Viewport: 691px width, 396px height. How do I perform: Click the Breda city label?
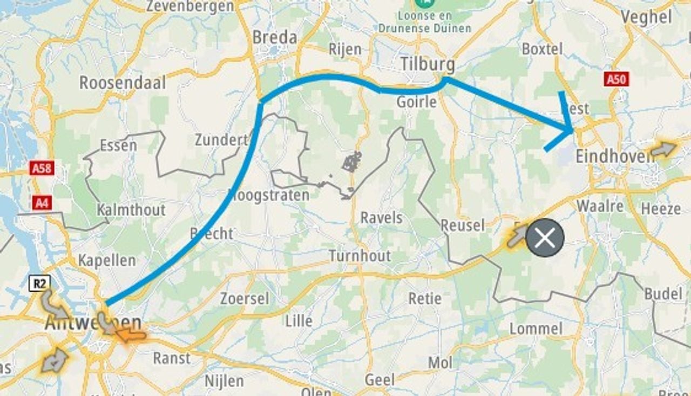click(x=275, y=37)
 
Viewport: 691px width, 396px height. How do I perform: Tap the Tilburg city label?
click(x=427, y=64)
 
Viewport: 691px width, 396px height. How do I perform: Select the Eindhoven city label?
click(x=614, y=156)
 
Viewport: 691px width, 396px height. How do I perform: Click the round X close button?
click(x=545, y=238)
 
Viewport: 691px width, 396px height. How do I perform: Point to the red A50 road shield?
click(x=616, y=80)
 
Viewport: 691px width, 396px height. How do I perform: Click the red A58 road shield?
click(x=42, y=168)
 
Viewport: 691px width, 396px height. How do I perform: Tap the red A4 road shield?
click(x=42, y=203)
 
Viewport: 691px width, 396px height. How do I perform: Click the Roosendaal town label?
click(x=123, y=83)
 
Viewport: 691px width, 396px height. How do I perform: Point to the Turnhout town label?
click(x=360, y=256)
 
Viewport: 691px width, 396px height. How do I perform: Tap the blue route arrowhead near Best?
click(x=571, y=130)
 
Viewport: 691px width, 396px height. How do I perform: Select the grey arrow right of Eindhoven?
click(x=663, y=150)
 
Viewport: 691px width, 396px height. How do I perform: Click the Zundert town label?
click(x=221, y=140)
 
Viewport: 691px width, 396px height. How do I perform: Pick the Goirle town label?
click(x=416, y=102)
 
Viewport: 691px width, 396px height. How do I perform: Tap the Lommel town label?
click(x=536, y=328)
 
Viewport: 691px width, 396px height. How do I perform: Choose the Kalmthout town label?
click(x=131, y=210)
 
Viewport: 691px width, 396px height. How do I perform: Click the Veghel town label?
click(x=646, y=17)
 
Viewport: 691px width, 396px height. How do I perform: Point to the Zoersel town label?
click(x=244, y=298)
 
